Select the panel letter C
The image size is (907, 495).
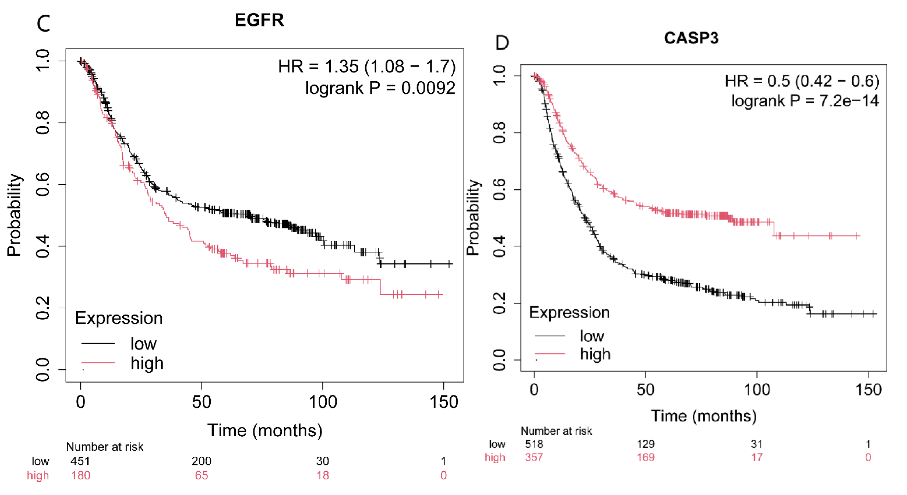43,24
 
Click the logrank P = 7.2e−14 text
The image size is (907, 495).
805,101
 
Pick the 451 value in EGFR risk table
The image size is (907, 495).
80,461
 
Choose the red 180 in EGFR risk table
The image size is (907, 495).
81,475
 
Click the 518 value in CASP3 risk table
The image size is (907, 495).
534,444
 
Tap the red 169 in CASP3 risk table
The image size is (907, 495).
645,457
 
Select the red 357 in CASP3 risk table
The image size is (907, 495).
534,457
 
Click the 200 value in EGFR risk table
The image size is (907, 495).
201,461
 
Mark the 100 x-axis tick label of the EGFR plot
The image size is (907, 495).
322,402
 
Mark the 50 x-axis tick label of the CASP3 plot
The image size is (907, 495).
645,389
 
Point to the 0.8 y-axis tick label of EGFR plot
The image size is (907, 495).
43,123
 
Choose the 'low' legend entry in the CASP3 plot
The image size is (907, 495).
592,336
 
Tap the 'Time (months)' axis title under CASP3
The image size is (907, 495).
704,416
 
